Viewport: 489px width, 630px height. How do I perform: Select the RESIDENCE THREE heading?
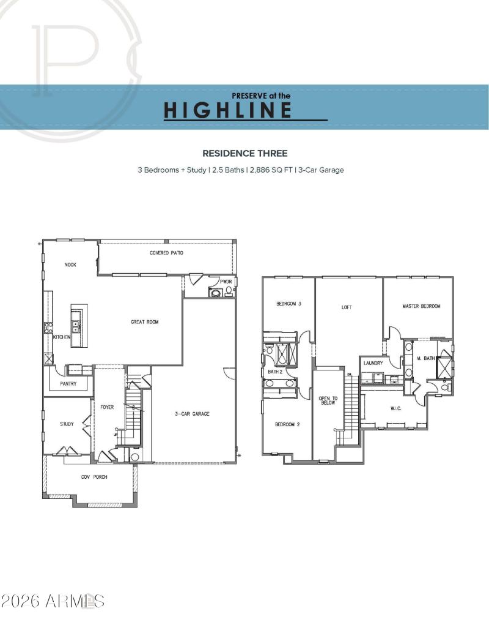click(244, 153)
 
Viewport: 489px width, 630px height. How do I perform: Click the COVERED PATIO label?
click(166, 253)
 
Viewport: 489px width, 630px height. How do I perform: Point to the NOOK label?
click(70, 265)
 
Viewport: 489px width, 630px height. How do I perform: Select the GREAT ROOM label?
click(144, 321)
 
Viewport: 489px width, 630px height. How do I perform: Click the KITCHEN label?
click(61, 337)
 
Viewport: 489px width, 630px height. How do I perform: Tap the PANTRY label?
click(68, 384)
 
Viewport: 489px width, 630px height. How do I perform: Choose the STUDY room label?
click(67, 424)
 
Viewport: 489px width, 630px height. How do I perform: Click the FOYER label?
click(108, 407)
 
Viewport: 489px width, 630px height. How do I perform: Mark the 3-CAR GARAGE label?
click(192, 414)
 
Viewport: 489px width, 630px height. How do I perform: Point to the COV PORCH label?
click(94, 477)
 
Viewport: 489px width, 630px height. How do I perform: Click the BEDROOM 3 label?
click(289, 304)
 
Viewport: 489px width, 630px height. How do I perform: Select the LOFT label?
click(347, 307)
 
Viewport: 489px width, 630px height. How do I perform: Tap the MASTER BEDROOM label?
click(421, 306)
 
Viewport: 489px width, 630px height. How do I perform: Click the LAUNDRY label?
click(373, 363)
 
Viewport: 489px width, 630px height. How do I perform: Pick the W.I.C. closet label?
click(395, 408)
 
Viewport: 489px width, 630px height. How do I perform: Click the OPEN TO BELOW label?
click(325, 400)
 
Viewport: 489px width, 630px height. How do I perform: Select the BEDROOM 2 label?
click(287, 424)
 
